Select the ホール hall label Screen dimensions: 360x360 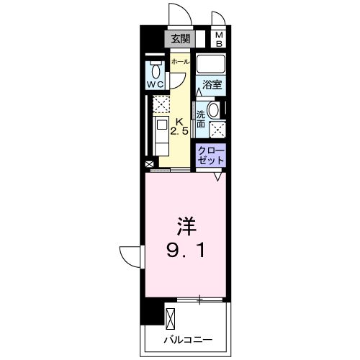tap(180, 62)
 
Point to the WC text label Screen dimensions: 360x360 tap(156, 85)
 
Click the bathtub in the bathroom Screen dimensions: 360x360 tap(212, 63)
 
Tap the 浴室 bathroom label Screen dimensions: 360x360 tap(212, 84)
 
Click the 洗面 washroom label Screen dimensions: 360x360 tap(201, 119)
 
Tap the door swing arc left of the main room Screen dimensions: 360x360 tap(130, 256)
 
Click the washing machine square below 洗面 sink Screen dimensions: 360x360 tap(215, 130)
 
